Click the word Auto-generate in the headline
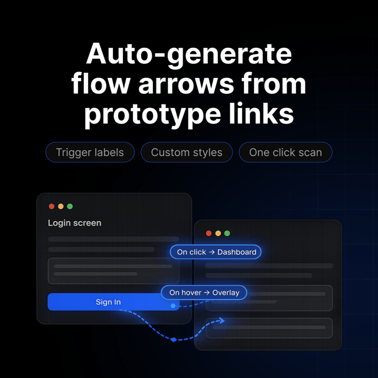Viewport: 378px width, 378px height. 189,54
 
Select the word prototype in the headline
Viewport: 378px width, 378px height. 152,115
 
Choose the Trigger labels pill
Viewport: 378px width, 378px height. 90,152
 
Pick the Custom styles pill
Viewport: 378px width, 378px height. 187,152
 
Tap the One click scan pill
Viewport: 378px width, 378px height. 285,152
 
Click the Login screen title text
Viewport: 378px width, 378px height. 74,223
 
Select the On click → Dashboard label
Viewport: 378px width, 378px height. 216,252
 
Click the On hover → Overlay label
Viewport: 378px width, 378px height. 204,292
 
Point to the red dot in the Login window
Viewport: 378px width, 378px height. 51,206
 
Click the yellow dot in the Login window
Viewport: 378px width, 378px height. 61,206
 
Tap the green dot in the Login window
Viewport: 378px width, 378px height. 70,206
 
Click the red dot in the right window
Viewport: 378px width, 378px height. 208,233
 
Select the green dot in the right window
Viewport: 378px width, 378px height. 227,233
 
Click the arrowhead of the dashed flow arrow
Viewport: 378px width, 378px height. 222,320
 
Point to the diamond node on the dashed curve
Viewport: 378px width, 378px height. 174,340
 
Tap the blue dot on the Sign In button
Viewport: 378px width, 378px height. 173,306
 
